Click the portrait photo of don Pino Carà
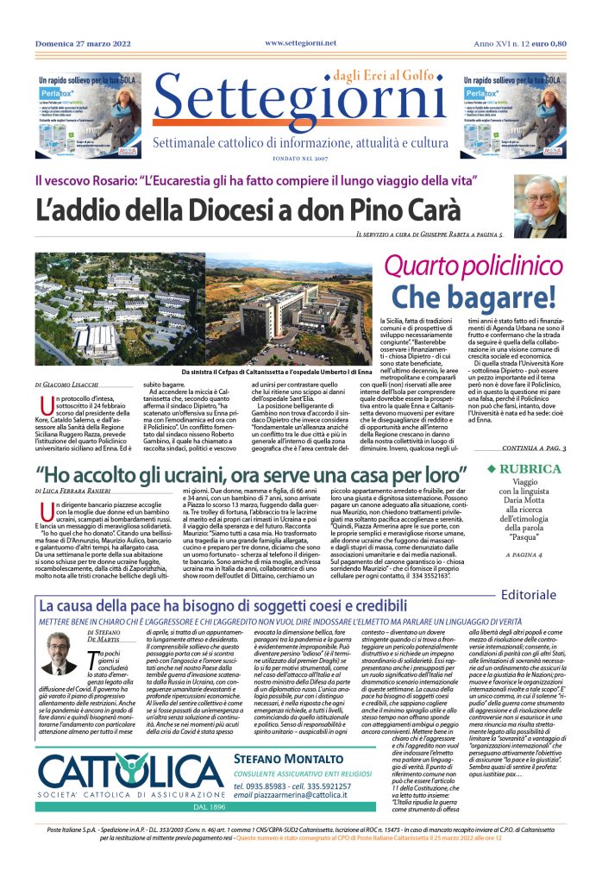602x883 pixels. tap(540, 207)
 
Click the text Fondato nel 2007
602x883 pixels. tap(301, 160)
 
